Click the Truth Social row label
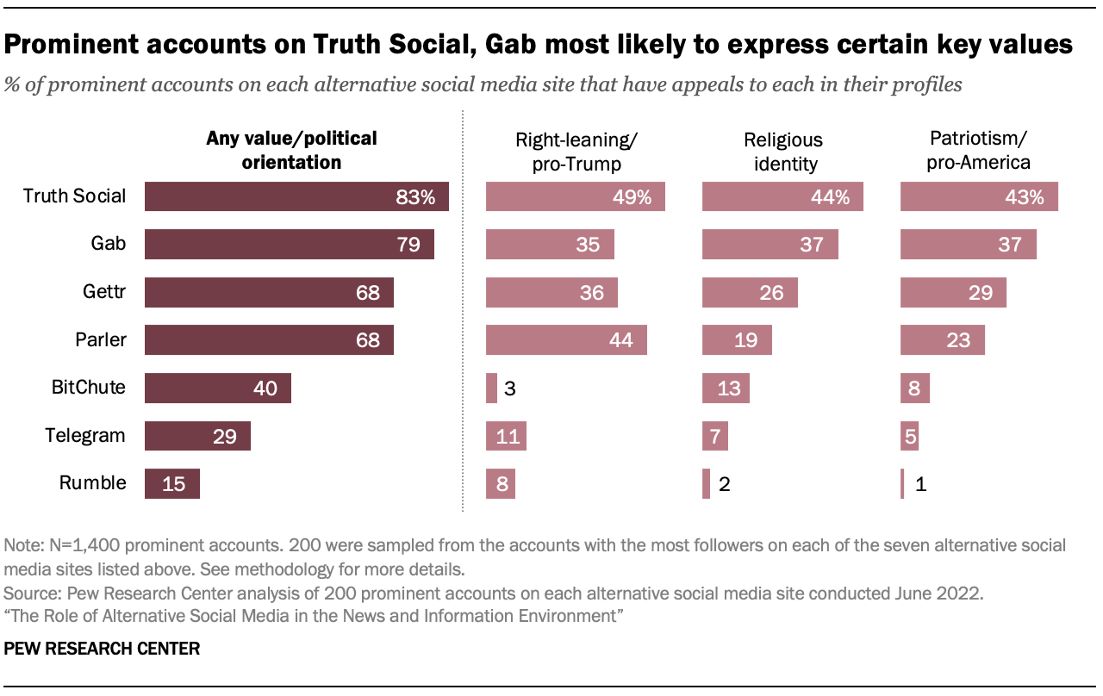click(74, 196)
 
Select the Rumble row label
click(93, 483)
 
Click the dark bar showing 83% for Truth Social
click(296, 196)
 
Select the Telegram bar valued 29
click(197, 436)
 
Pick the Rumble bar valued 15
click(172, 483)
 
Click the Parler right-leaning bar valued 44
click(566, 340)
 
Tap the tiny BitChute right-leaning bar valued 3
click(491, 388)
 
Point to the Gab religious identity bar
click(770, 245)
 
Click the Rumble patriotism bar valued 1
click(902, 483)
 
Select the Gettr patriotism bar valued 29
click(953, 292)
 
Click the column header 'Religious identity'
click(782, 151)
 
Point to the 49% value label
click(632, 197)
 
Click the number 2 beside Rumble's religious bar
click(725, 484)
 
